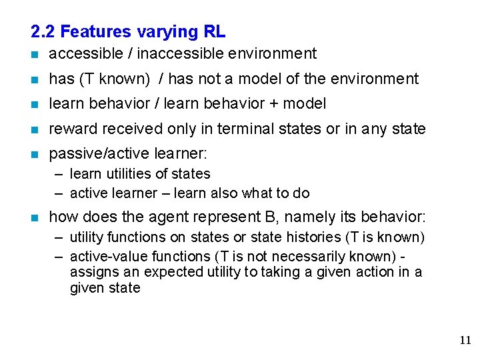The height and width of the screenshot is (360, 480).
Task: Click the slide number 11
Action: [465, 341]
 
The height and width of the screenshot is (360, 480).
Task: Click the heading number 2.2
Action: [43, 31]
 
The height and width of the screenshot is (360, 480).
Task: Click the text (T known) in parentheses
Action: [115, 79]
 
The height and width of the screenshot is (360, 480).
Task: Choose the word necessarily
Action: [306, 256]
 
